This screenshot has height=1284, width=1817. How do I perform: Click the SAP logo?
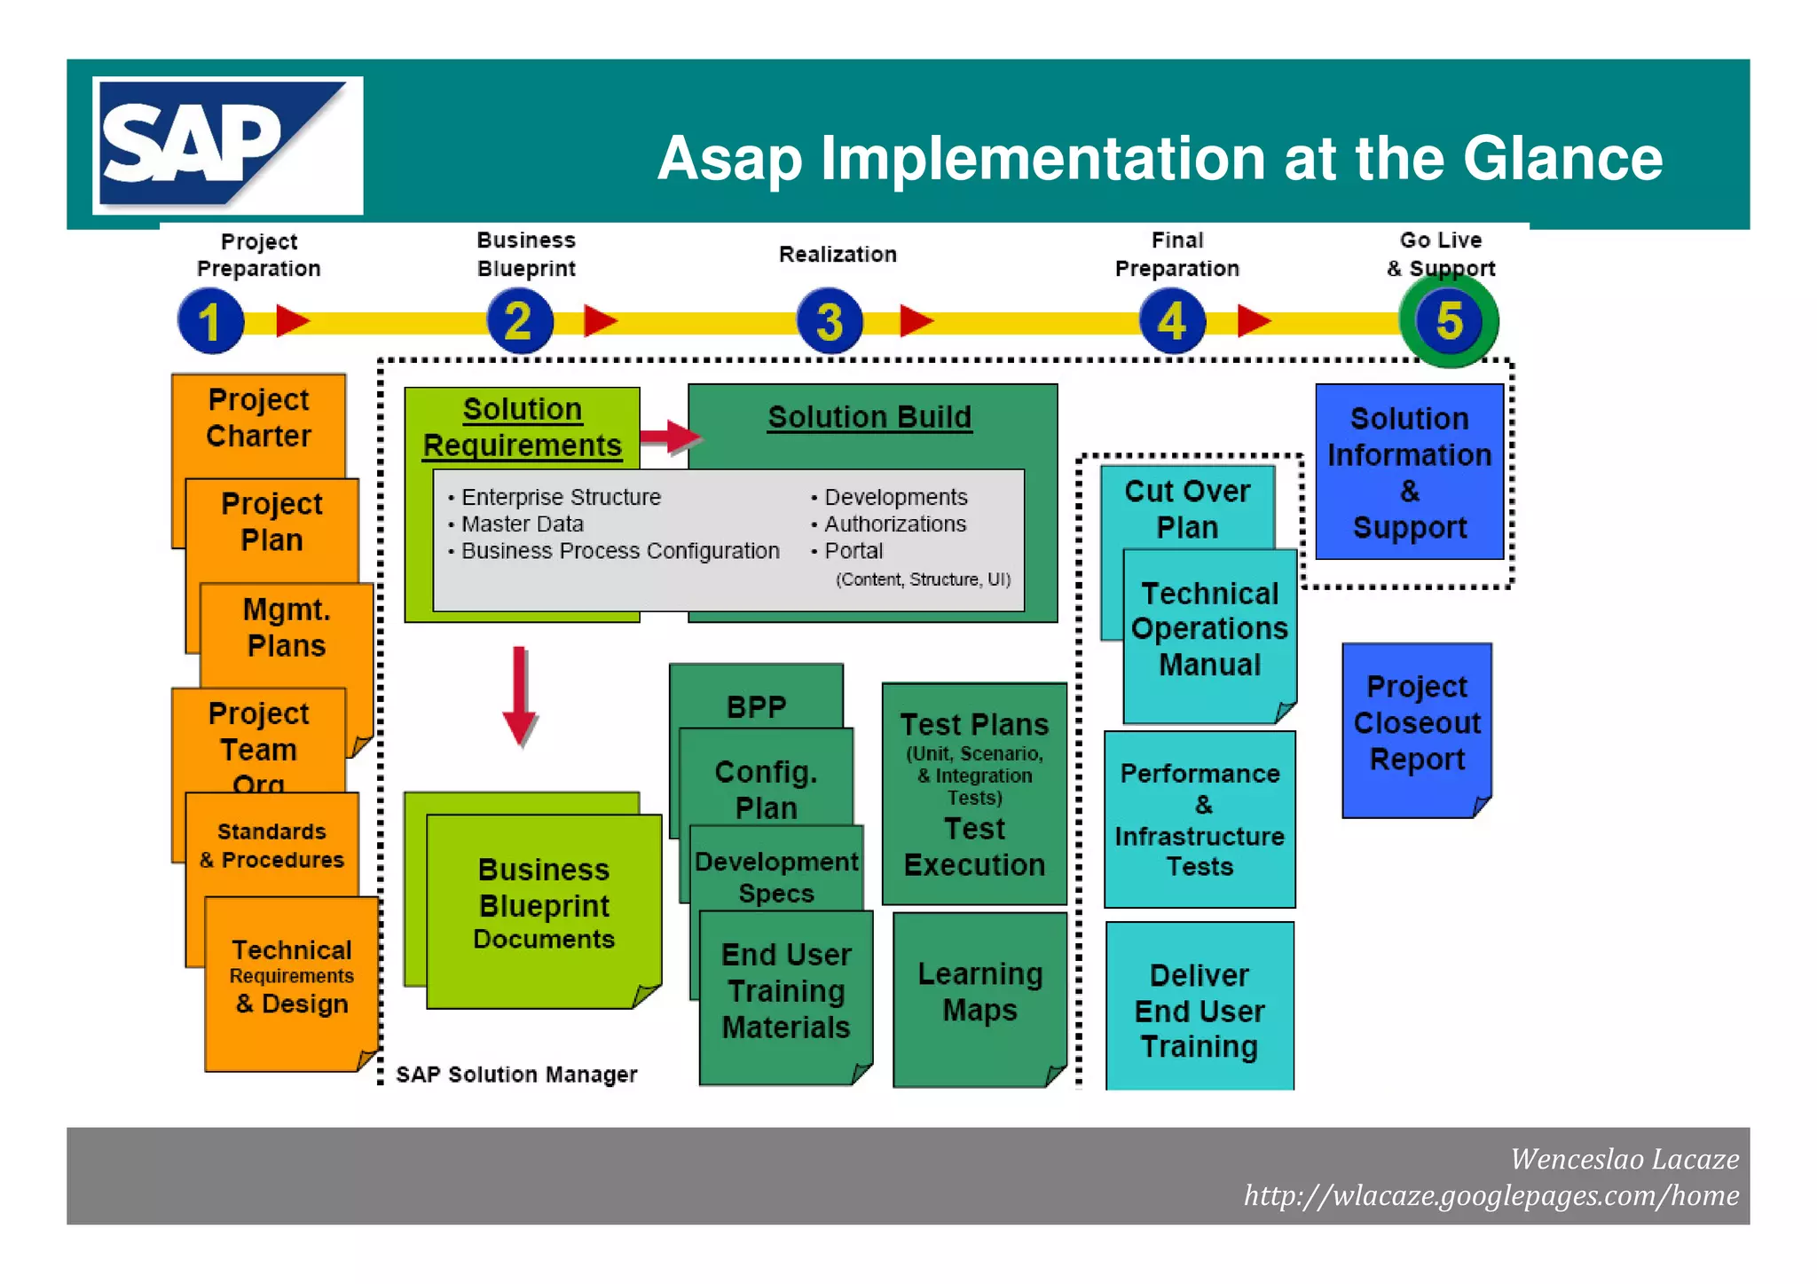[227, 146]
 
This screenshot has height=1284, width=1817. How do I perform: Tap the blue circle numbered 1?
[211, 321]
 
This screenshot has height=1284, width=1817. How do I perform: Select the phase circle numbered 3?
[830, 321]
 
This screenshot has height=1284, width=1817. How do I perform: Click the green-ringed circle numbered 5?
[1449, 320]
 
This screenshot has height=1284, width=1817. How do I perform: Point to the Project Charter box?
[258, 418]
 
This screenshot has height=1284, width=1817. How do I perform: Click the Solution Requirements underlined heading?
[522, 427]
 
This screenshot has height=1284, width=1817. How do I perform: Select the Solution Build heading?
[869, 417]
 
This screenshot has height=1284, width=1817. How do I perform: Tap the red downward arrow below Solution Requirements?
[520, 697]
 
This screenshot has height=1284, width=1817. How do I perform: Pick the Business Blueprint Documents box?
[543, 905]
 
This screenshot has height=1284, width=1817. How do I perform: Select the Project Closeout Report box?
[1417, 723]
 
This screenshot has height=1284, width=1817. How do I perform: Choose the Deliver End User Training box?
[1200, 1011]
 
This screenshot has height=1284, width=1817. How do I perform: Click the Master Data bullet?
[522, 524]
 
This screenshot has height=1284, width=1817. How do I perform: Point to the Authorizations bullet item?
[894, 524]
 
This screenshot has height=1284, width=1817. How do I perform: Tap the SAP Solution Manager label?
[516, 1075]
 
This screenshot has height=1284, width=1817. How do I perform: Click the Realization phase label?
[838, 255]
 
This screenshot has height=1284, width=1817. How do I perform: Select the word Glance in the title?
[1562, 159]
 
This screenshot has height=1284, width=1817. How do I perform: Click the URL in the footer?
[1491, 1196]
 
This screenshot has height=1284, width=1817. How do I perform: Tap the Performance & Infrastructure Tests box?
[1200, 820]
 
